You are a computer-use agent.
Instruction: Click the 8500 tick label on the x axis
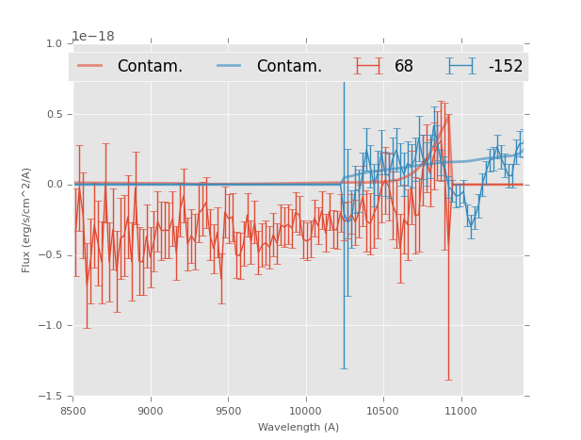point(73,411)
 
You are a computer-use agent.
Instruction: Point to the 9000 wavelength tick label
point(151,411)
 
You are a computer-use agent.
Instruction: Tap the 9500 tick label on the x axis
point(228,411)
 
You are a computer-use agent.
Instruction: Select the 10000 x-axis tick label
point(305,411)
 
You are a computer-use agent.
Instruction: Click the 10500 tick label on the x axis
point(383,411)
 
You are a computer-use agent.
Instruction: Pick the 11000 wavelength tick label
point(460,411)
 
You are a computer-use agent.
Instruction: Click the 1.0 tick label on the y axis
point(55,43)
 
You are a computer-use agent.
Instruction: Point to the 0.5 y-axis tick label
point(55,114)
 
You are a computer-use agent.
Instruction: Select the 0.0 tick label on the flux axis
point(55,185)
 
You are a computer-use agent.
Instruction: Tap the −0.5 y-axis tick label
point(52,255)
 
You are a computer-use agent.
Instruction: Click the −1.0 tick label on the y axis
point(52,326)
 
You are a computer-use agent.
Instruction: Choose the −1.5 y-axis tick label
point(52,397)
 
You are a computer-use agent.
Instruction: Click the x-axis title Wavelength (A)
point(299,427)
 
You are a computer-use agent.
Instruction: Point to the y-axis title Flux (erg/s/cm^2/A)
point(26,220)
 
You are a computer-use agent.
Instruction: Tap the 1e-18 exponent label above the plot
point(93,37)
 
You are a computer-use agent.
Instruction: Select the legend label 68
point(404,66)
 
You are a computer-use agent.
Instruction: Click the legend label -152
point(505,66)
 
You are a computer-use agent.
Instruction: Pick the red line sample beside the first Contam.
point(90,66)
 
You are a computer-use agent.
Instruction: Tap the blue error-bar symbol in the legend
point(460,66)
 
